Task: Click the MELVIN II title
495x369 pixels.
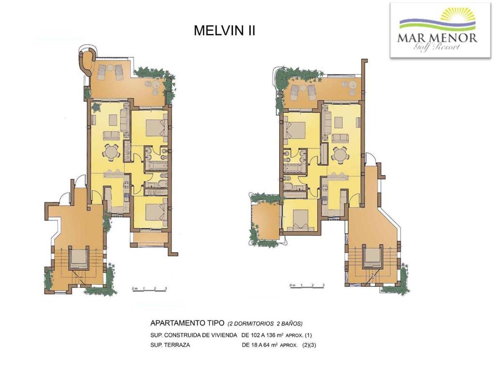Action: (x=224, y=30)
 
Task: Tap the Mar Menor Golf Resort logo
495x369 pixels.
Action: (x=440, y=30)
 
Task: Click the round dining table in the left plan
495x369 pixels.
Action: (x=111, y=153)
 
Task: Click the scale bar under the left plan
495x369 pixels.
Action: (x=149, y=289)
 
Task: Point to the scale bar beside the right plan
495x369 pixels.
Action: (x=307, y=286)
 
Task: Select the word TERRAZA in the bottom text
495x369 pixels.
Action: (x=178, y=345)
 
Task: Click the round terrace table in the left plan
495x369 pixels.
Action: (x=156, y=85)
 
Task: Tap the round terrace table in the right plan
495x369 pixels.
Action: (x=352, y=85)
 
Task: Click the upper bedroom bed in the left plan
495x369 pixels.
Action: (x=157, y=128)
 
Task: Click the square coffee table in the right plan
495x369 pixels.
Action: (x=339, y=122)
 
